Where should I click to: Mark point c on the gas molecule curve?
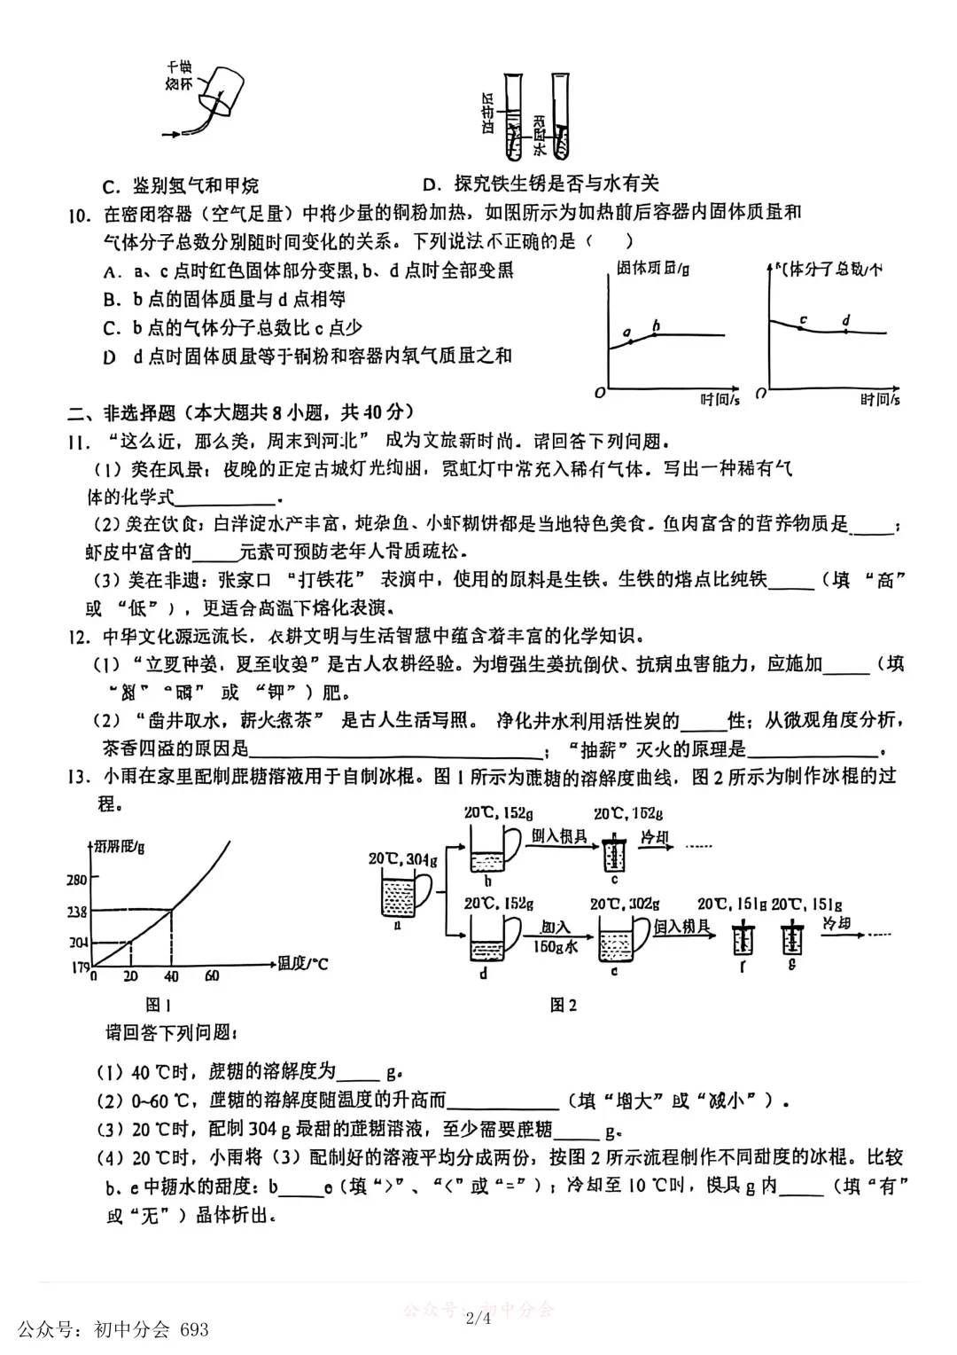802,328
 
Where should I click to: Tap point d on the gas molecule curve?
846,331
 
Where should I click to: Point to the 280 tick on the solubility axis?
77,880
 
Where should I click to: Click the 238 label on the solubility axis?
77,912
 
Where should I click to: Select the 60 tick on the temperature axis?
211,976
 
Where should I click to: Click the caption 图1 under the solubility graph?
158,1005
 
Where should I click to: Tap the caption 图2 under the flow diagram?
564,1005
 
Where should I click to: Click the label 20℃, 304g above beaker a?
403,859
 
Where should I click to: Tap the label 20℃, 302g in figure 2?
625,904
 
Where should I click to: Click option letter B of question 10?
110,300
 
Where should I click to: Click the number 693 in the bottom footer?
194,1329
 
